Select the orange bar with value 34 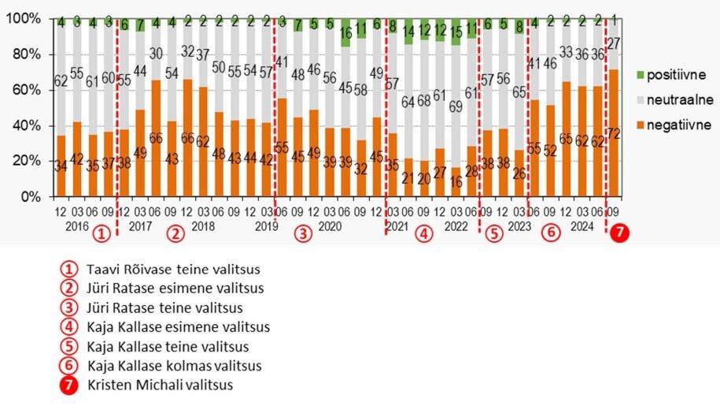pos(61,166)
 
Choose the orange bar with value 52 pos(550,150)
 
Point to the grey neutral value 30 pos(157,54)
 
